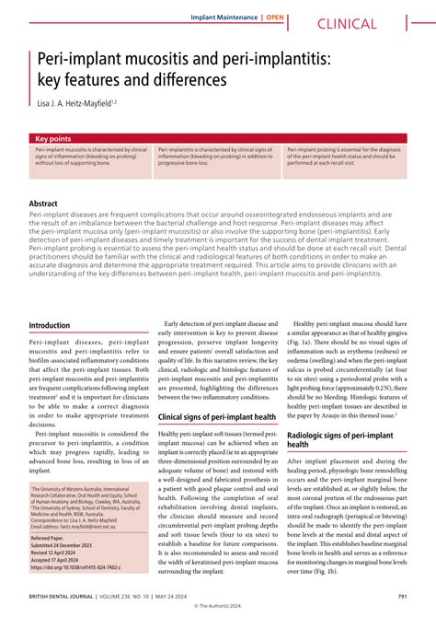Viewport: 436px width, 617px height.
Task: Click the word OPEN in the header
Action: pyautogui.click(x=275, y=17)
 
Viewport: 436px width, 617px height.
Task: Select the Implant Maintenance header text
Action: pyautogui.click(x=224, y=17)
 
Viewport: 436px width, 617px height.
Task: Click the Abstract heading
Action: pyautogui.click(x=44, y=203)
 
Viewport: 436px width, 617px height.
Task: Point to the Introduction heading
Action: pyautogui.click(x=56, y=326)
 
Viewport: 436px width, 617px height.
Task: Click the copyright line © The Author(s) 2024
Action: pyautogui.click(x=218, y=608)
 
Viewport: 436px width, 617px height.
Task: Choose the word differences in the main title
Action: pyautogui.click(x=179, y=80)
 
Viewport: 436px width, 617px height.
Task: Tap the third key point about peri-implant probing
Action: pyautogui.click(x=344, y=157)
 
